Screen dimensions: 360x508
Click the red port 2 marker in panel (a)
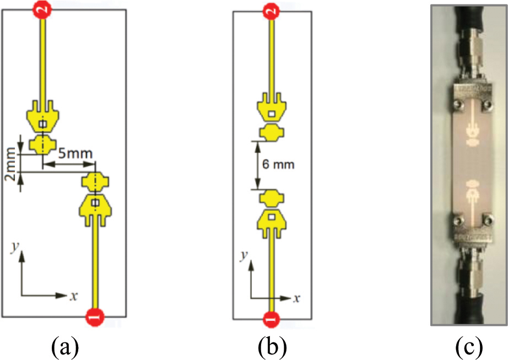[x=42, y=9]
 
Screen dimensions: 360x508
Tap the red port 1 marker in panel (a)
[x=95, y=317]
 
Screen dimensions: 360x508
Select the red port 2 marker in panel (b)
[x=269, y=10]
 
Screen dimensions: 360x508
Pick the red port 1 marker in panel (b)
[x=269, y=318]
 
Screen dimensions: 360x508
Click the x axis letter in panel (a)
[x=73, y=296]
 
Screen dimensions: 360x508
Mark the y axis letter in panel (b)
[x=244, y=256]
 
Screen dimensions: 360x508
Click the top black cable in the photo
[x=469, y=17]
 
